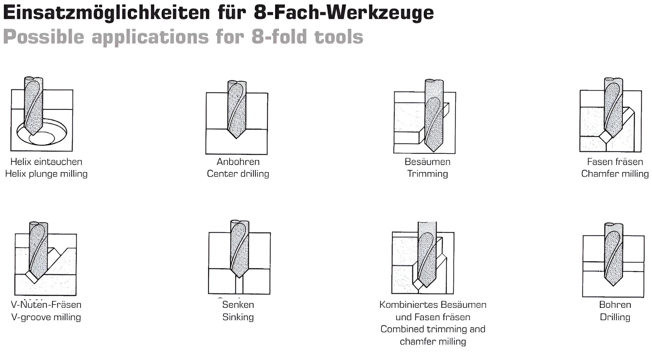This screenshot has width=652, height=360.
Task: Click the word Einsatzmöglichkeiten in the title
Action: pos(106,13)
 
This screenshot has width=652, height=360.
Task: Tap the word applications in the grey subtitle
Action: pos(150,37)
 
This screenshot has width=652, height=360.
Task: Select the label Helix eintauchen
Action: pos(46,162)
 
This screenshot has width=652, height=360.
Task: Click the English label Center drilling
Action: pos(238,174)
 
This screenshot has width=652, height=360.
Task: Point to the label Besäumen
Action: pos(427,162)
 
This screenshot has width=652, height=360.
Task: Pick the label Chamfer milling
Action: pos(615,174)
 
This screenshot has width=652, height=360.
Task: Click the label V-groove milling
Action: pos(46,317)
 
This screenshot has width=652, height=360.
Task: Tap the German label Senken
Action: pos(238,305)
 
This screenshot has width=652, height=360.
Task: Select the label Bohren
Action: pos(615,305)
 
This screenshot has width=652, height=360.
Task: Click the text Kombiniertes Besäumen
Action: pos(433,305)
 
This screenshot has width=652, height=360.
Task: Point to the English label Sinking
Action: pos(238,317)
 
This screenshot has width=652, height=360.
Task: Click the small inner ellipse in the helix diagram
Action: pos(42,138)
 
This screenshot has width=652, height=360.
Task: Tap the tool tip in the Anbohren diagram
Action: pos(237,138)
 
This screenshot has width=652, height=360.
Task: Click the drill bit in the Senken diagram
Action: pos(240,249)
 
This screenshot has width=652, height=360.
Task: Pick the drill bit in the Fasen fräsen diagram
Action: pos(613,108)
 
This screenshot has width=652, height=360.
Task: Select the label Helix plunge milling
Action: pos(46,174)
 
